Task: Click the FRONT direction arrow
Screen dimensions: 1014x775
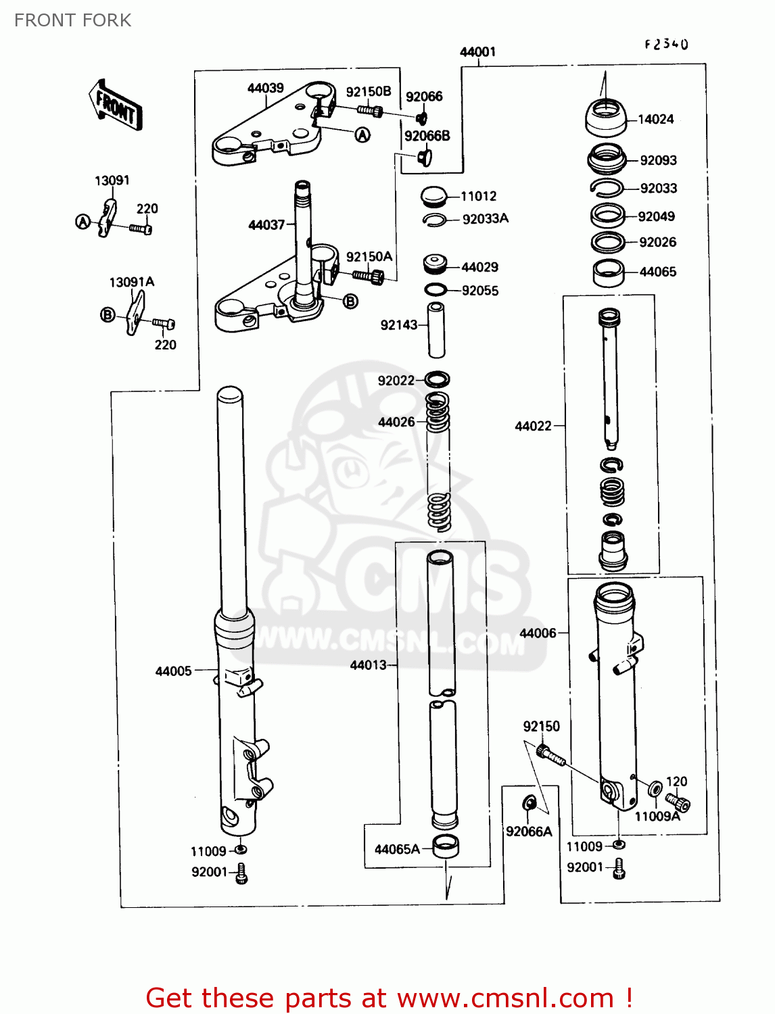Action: click(115, 105)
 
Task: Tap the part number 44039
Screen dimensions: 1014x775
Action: click(265, 89)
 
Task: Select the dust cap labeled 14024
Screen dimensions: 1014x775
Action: click(605, 118)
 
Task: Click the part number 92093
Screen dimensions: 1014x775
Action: click(658, 160)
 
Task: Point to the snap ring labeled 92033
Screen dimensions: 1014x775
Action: click(606, 189)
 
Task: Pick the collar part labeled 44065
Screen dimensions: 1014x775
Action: click(608, 272)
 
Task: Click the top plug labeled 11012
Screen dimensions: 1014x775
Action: click(433, 197)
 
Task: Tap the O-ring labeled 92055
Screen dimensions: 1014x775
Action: click(436, 290)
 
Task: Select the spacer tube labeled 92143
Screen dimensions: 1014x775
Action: click(436, 330)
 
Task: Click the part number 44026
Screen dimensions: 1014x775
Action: click(396, 422)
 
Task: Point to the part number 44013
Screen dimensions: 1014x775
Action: click(368, 665)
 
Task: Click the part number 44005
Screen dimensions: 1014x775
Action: click(174, 671)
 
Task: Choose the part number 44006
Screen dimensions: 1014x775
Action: click(538, 633)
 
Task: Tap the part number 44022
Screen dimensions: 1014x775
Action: click(533, 426)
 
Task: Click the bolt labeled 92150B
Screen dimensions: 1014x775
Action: click(369, 110)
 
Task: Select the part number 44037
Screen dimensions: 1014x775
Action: click(266, 224)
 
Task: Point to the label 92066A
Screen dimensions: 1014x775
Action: click(529, 831)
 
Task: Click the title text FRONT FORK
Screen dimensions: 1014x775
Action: click(73, 20)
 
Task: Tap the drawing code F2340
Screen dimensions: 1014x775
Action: click(666, 45)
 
